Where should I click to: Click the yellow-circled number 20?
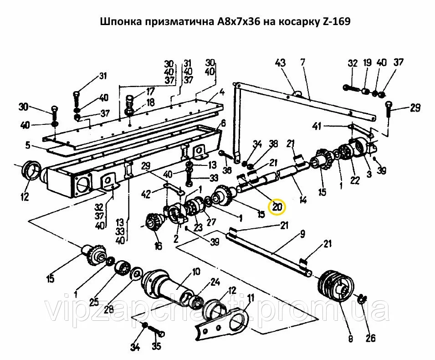[x=277, y=207]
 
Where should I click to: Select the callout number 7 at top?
[x=302, y=62]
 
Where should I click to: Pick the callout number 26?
[x=370, y=338]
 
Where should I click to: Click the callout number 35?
[x=156, y=346]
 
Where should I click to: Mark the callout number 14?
[x=302, y=199]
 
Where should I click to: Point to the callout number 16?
[x=158, y=247]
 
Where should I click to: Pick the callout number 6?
[x=223, y=123]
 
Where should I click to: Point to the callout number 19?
[x=368, y=63]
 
